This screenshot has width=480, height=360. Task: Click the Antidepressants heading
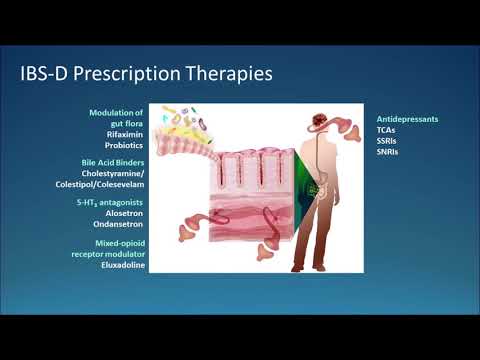click(407, 119)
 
